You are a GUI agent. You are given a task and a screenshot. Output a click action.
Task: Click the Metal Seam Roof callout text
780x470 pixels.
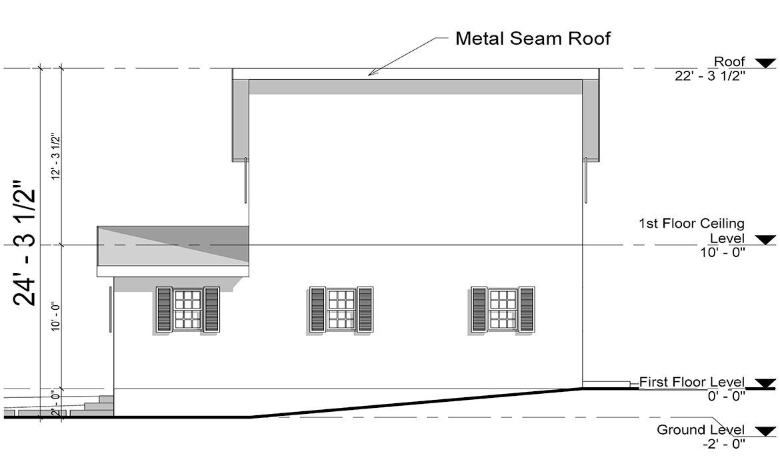tap(532, 39)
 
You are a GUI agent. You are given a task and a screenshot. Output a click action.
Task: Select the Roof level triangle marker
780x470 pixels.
tap(766, 63)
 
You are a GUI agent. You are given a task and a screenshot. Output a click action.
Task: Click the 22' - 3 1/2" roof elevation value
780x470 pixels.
tap(709, 76)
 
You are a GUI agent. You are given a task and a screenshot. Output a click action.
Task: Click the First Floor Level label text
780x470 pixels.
tap(691, 382)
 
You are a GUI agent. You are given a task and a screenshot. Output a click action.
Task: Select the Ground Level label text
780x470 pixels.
tap(700, 429)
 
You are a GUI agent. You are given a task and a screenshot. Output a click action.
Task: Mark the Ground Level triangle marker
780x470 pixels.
tap(766, 431)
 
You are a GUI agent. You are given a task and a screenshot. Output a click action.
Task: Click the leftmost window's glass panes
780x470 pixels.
tap(188, 309)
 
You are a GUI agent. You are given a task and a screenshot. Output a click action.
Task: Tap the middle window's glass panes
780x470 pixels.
tap(342, 309)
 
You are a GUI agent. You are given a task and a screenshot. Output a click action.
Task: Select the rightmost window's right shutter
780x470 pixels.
tap(527, 309)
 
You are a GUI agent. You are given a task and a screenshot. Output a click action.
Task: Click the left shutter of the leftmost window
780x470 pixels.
tap(164, 309)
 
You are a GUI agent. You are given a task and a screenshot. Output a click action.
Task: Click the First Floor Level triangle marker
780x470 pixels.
tap(766, 383)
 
